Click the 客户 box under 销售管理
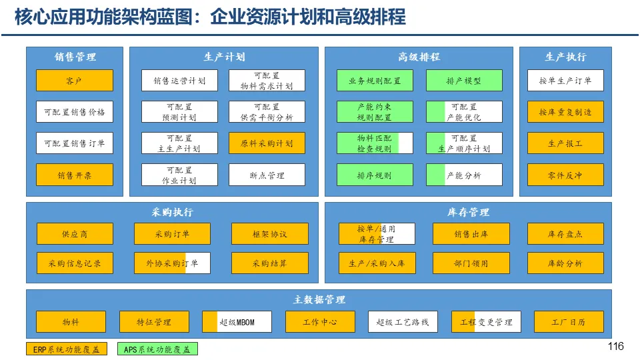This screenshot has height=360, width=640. [x=75, y=81]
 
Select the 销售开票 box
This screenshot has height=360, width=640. [x=75, y=175]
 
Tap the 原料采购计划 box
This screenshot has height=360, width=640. [x=267, y=143]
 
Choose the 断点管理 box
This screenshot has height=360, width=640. [x=267, y=175]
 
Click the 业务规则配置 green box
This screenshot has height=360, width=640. [x=375, y=81]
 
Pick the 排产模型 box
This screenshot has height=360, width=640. [x=464, y=81]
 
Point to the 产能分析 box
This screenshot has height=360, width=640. [x=464, y=175]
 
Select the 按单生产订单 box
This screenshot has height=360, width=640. [x=565, y=81]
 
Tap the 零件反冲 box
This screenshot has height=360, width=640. [x=565, y=175]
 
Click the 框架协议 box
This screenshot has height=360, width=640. [x=270, y=234]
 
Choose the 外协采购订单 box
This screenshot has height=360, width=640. [x=172, y=263]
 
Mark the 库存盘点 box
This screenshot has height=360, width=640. [x=565, y=234]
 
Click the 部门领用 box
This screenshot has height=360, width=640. [x=471, y=263]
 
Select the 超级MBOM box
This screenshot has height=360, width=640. [x=237, y=322]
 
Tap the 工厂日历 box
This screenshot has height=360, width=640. [x=568, y=322]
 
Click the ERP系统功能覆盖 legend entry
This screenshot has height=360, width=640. [x=66, y=349]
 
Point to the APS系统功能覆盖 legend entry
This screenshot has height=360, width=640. [x=157, y=349]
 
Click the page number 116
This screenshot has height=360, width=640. [x=615, y=346]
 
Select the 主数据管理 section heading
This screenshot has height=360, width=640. [x=319, y=299]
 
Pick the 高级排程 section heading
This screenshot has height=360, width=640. [x=419, y=57]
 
